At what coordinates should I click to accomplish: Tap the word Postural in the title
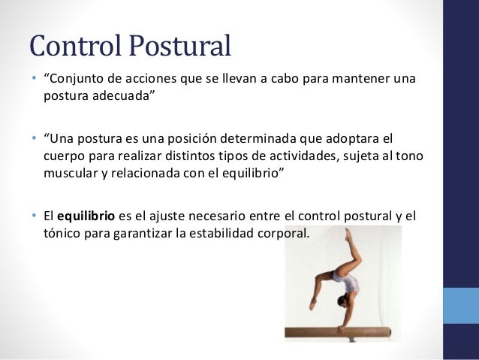tap(178, 47)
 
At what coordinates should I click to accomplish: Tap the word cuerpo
tap(62, 154)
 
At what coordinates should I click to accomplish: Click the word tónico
tap(62, 232)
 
